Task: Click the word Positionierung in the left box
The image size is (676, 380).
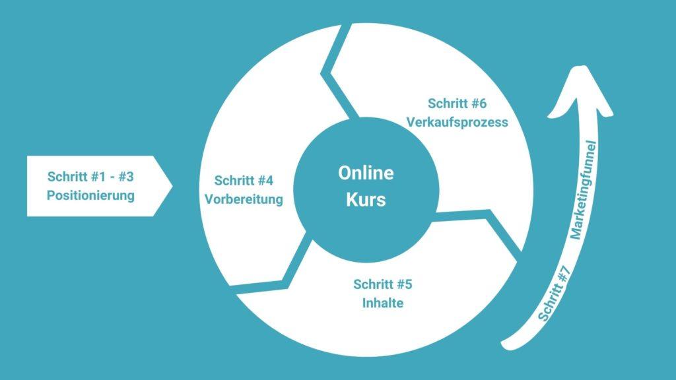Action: click(x=90, y=195)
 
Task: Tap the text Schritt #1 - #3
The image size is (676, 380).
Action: click(x=90, y=177)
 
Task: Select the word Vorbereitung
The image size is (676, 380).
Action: click(x=244, y=199)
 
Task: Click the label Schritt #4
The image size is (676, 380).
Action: click(x=244, y=181)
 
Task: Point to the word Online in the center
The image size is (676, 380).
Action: click(x=366, y=173)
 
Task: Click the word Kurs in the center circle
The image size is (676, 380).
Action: click(x=366, y=200)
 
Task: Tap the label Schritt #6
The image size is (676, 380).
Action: click(x=457, y=104)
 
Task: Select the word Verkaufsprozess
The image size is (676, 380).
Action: click(x=457, y=122)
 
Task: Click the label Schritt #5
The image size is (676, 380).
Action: click(x=383, y=284)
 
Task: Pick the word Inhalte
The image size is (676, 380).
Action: click(x=383, y=303)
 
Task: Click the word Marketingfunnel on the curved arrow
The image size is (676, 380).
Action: click(x=584, y=190)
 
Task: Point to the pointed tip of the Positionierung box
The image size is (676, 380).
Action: click(x=172, y=186)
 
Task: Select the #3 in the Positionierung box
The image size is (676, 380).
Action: click(x=125, y=177)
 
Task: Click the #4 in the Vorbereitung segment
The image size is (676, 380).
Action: click(x=265, y=181)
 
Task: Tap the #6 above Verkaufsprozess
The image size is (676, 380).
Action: click(x=479, y=104)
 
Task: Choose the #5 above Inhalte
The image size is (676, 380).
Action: click(x=405, y=284)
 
